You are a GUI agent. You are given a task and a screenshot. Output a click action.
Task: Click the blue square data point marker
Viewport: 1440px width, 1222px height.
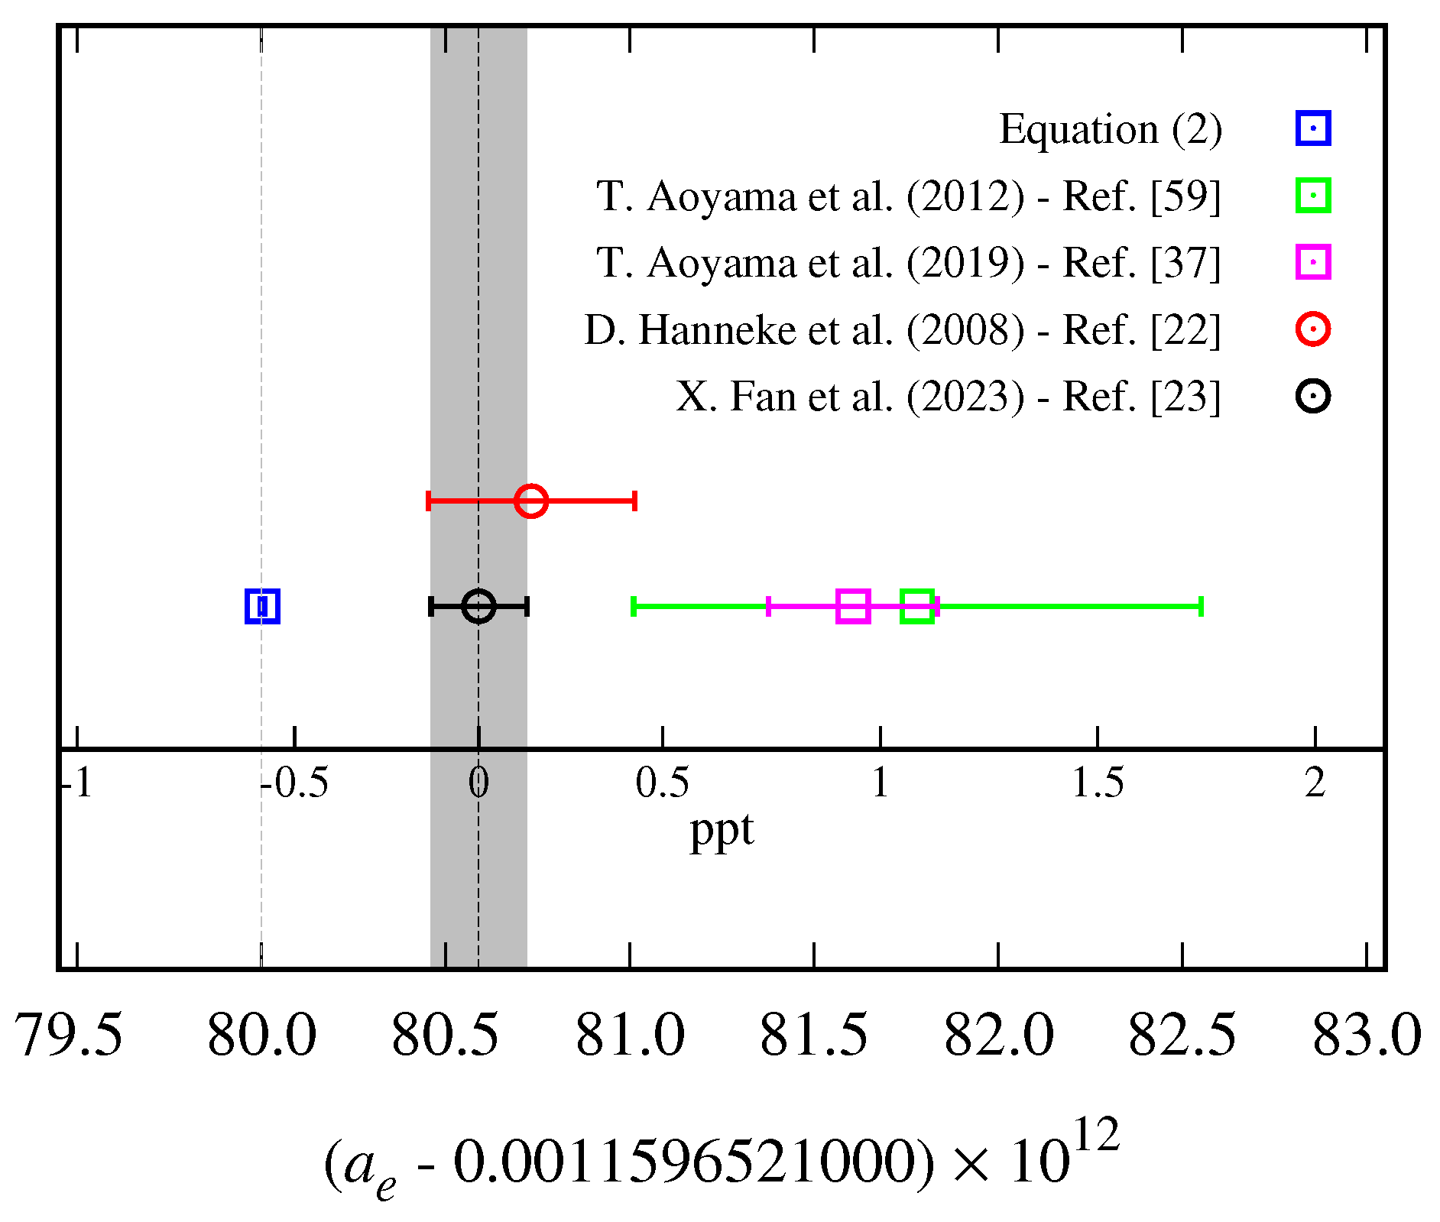coord(262,606)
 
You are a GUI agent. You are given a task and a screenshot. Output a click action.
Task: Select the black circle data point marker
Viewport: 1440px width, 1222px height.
coord(478,606)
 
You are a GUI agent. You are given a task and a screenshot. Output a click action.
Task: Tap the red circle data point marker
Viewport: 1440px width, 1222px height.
coord(531,501)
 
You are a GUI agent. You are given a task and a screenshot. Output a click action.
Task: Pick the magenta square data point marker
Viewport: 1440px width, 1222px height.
coord(853,606)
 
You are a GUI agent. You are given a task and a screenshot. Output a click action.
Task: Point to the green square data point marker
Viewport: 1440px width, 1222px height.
coord(917,606)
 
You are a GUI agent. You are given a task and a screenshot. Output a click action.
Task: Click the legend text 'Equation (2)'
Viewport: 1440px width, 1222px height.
coord(1111,129)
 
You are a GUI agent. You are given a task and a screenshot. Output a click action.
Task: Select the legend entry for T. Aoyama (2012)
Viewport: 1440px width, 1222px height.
coord(908,196)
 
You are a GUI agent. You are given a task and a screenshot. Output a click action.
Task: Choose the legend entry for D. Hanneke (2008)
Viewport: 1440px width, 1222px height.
coord(902,330)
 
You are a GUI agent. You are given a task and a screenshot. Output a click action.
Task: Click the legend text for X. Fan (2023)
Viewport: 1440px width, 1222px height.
coord(948,397)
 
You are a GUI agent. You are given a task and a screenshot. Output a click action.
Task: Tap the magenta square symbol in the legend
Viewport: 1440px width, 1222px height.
coord(1313,262)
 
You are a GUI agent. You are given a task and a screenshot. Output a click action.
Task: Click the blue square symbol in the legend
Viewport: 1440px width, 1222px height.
coord(1313,128)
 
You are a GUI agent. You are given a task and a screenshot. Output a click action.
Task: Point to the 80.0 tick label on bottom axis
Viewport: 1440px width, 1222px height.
coord(261,1036)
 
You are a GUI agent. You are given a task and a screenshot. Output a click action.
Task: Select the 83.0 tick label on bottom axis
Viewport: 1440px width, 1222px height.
coord(1367,1036)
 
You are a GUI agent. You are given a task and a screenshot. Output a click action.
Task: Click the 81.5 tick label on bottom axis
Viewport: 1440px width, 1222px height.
coord(814,1036)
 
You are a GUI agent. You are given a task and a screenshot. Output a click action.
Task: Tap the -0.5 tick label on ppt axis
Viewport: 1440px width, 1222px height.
coord(294,783)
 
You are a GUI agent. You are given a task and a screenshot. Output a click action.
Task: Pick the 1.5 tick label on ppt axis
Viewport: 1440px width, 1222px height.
coord(1098,783)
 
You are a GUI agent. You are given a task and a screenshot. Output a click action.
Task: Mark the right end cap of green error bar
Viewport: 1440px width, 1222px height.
coord(1202,606)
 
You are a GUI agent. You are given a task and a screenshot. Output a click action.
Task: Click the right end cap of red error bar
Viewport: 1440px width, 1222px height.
coord(634,501)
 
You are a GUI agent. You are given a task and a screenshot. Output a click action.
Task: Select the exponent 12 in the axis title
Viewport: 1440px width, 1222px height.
coord(1096,1136)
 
